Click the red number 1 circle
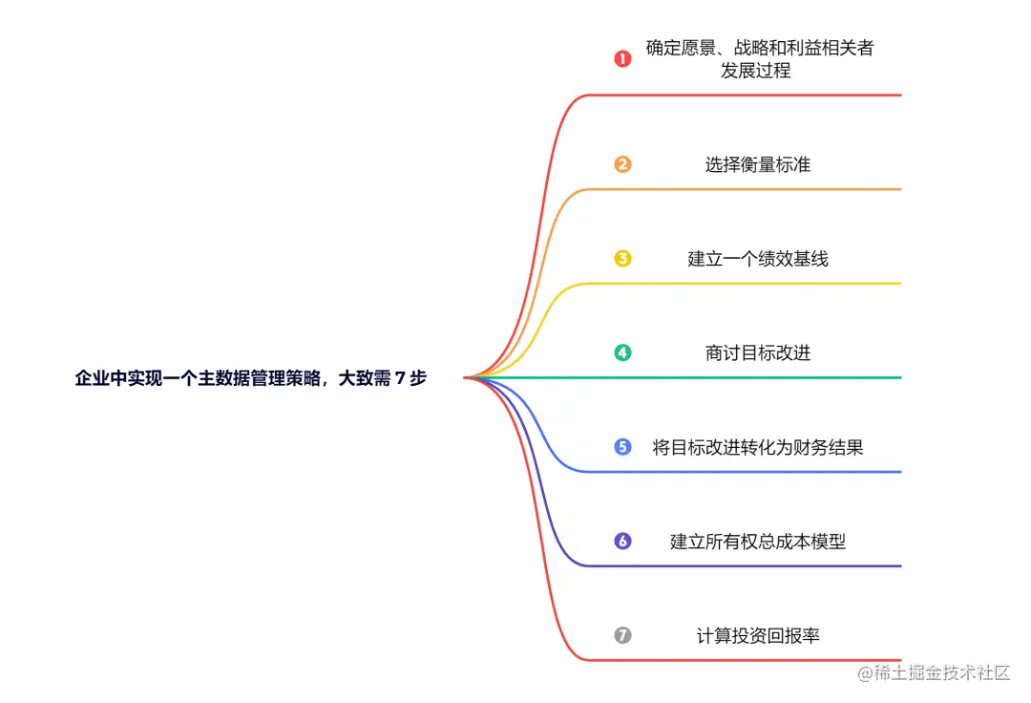coord(622,59)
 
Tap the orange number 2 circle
coord(622,164)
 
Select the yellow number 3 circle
coord(622,258)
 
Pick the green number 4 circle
coord(622,352)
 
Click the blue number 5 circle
coord(622,447)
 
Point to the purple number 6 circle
coord(622,542)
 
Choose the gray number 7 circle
coord(622,635)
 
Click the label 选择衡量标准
coord(758,164)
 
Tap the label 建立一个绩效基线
coord(758,259)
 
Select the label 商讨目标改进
coord(758,353)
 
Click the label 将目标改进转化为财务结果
coord(758,447)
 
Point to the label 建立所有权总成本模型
coord(758,542)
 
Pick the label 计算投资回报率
coord(758,635)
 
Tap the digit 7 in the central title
coord(399,378)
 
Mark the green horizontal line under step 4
coord(745,378)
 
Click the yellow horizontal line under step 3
coord(745,284)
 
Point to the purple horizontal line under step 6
coord(745,566)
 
